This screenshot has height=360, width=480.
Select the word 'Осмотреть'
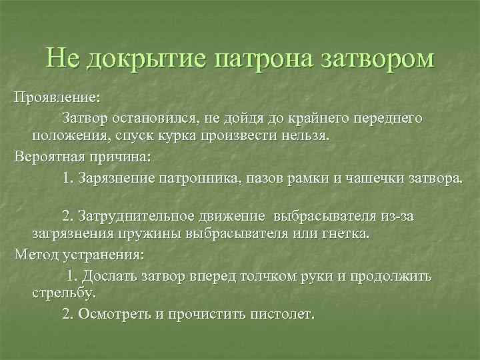tap(116, 313)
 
